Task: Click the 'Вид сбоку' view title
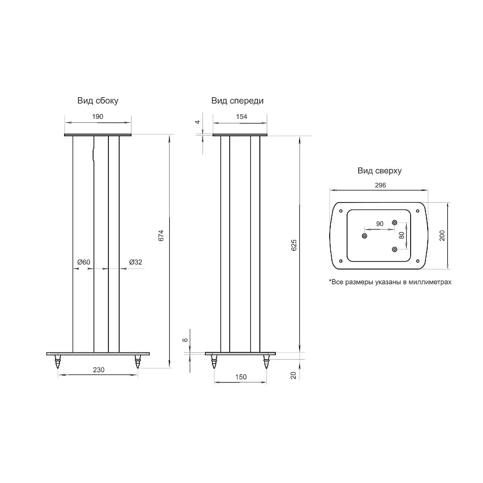pos(98,101)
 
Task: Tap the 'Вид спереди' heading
pos(238,101)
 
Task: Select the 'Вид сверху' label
pos(380,171)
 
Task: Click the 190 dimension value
pos(98,116)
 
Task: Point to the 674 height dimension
pos(161,236)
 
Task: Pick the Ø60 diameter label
pos(84,262)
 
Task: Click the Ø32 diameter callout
pos(135,262)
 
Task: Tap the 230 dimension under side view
pos(99,370)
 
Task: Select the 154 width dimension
pos(241,116)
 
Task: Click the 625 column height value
pos(294,245)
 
